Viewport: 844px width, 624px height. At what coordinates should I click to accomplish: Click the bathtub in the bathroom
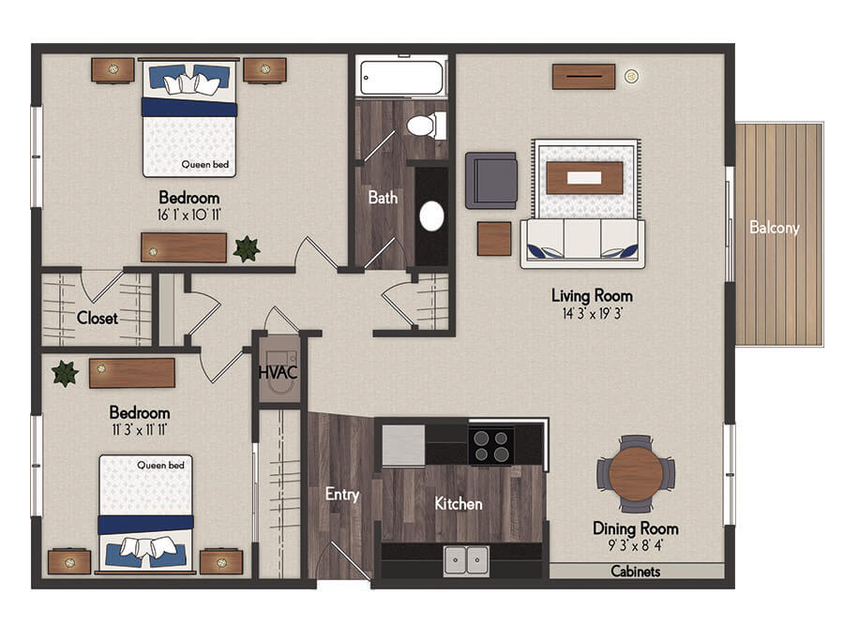pyautogui.click(x=401, y=78)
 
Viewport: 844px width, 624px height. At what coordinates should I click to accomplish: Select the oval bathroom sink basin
pyautogui.click(x=431, y=216)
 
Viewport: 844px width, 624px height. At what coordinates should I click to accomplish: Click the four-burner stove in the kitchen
pyautogui.click(x=490, y=446)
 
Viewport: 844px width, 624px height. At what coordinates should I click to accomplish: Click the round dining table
pyautogui.click(x=636, y=474)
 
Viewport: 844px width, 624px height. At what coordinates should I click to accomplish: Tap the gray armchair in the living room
pyautogui.click(x=490, y=181)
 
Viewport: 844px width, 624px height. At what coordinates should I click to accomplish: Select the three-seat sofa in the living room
pyautogui.click(x=582, y=244)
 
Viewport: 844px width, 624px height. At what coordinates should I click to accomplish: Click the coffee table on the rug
pyautogui.click(x=584, y=177)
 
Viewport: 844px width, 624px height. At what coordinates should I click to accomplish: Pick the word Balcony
pyautogui.click(x=774, y=228)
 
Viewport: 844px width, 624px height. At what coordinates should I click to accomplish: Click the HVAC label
pyautogui.click(x=278, y=372)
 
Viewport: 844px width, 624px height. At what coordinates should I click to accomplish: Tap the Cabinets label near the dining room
pyautogui.click(x=635, y=572)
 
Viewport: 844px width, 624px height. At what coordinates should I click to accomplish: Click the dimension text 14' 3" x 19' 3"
pyautogui.click(x=592, y=314)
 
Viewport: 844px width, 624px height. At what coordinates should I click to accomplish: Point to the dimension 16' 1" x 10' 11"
pyautogui.click(x=188, y=215)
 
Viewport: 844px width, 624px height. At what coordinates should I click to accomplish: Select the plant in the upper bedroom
pyautogui.click(x=247, y=248)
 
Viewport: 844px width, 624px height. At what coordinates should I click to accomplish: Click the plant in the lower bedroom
pyautogui.click(x=65, y=373)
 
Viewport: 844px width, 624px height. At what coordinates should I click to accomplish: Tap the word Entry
pyautogui.click(x=341, y=495)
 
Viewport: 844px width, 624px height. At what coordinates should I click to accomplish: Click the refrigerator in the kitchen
pyautogui.click(x=403, y=445)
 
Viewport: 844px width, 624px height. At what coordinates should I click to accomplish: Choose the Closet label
pyautogui.click(x=97, y=318)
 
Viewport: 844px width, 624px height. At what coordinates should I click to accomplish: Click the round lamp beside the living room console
pyautogui.click(x=631, y=77)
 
